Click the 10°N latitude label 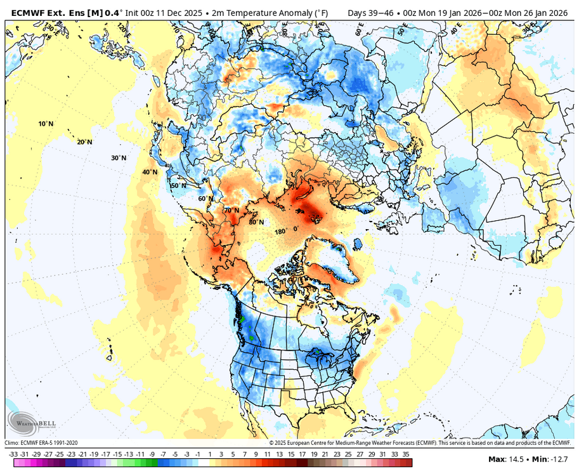[x=46, y=124]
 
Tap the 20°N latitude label [x=84, y=142]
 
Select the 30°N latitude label [x=119, y=158]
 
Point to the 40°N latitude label [x=150, y=172]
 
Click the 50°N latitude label [x=179, y=185]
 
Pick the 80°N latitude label [x=256, y=222]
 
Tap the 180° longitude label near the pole [x=280, y=232]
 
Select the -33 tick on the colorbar [x=13, y=454]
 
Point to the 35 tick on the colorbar [x=405, y=454]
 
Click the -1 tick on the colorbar [x=198, y=454]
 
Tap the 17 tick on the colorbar [x=301, y=454]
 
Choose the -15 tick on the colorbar [x=117, y=454]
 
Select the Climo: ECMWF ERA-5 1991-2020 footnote [x=41, y=442]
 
